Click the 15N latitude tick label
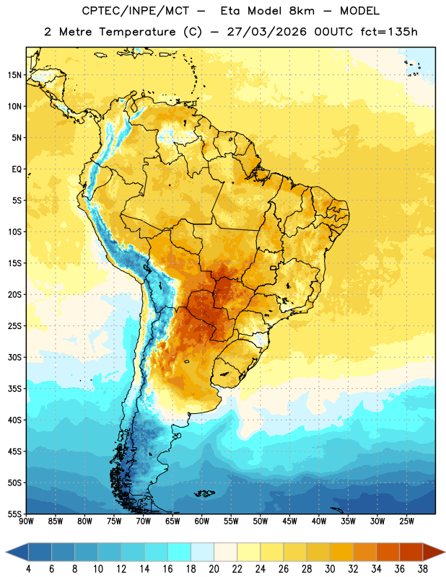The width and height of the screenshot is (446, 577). pyautogui.click(x=14, y=75)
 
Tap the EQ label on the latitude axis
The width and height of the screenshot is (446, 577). pyautogui.click(x=17, y=169)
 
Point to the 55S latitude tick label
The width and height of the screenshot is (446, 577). pyautogui.click(x=14, y=514)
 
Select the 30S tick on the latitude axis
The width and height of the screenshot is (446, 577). pyautogui.click(x=14, y=357)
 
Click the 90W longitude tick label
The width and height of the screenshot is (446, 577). pyautogui.click(x=27, y=521)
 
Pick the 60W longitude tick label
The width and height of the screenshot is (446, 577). pyautogui.click(x=202, y=521)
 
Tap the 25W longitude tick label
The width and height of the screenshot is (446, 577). pyautogui.click(x=406, y=521)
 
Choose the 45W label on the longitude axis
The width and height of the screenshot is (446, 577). pyautogui.click(x=289, y=521)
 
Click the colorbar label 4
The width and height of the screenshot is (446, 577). pyautogui.click(x=28, y=569)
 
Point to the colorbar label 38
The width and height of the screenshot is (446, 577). pyautogui.click(x=423, y=569)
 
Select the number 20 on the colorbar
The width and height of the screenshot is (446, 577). pyautogui.click(x=214, y=569)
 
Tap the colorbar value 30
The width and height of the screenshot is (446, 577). pyautogui.click(x=330, y=569)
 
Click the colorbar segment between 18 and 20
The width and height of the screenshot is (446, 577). pyautogui.click(x=202, y=552)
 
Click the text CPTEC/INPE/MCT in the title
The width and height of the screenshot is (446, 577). pyautogui.click(x=135, y=11)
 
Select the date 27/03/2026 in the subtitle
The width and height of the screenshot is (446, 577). pyautogui.click(x=266, y=32)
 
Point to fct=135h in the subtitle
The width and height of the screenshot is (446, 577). pyautogui.click(x=389, y=32)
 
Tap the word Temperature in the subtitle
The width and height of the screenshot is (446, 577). pyautogui.click(x=137, y=32)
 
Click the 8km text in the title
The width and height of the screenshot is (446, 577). pyautogui.click(x=302, y=11)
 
